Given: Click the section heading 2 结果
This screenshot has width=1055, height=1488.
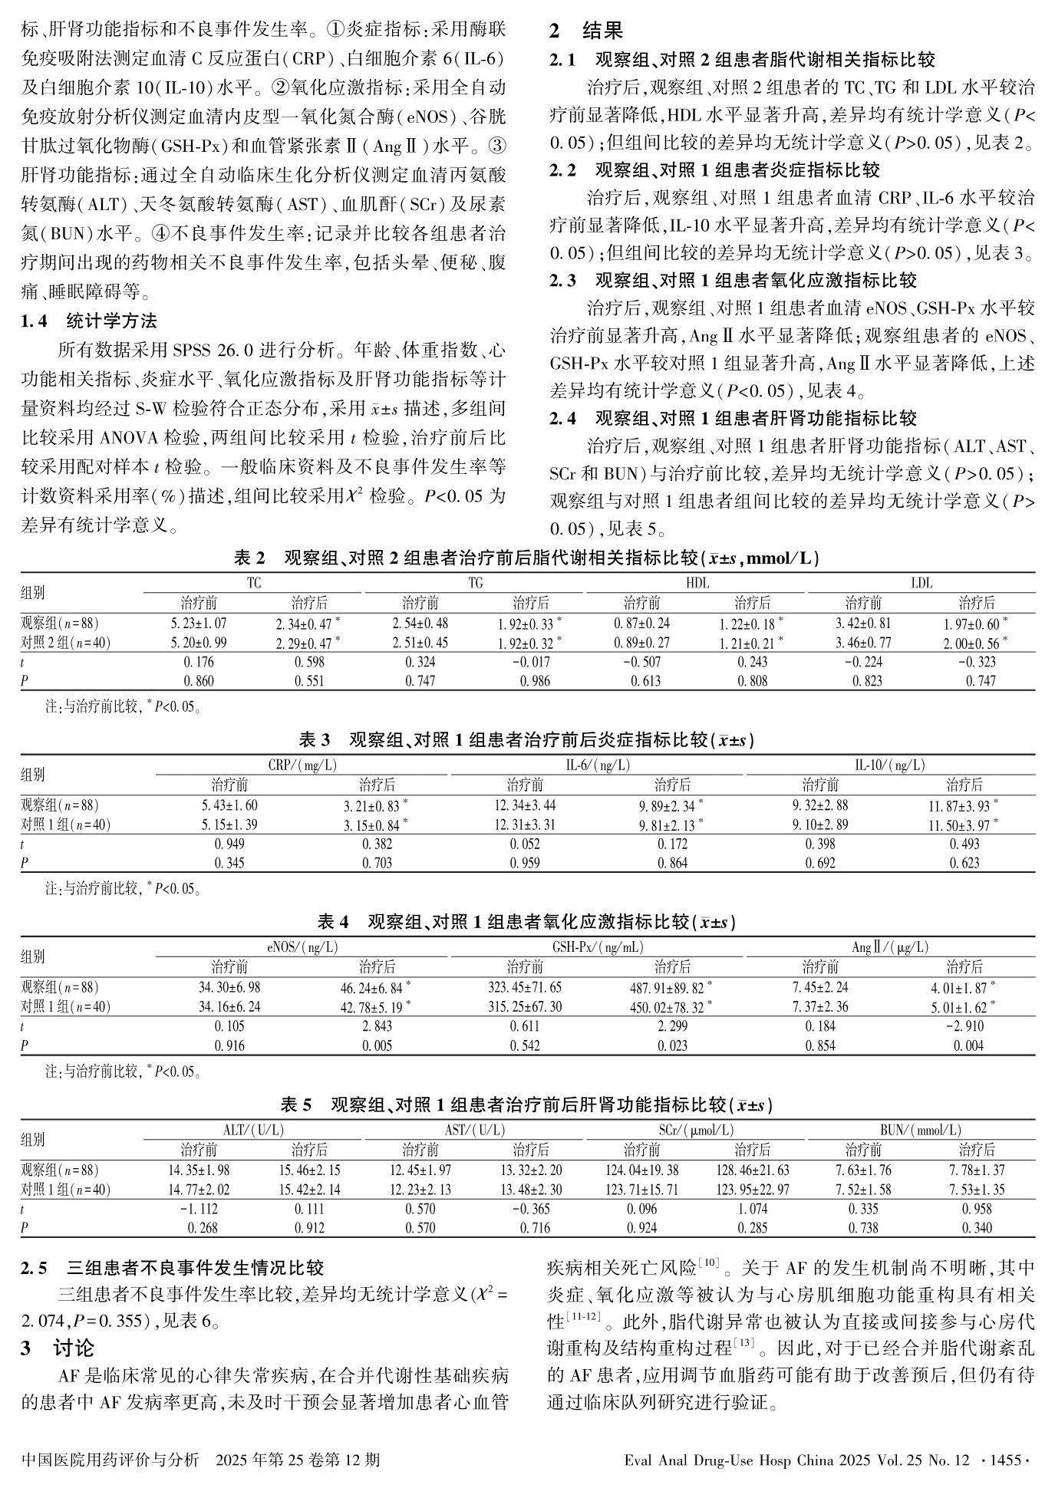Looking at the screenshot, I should point(586,31).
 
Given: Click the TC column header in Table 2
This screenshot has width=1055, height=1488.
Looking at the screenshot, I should point(253,584).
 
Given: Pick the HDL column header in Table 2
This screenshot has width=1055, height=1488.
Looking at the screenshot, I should point(697,584).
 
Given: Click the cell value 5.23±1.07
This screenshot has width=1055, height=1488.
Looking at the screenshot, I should point(198,624).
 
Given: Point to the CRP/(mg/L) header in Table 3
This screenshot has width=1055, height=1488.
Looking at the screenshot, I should point(302,765).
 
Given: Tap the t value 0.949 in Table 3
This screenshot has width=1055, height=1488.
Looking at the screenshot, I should point(229,844).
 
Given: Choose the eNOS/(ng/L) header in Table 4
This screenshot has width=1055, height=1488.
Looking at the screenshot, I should point(302,947).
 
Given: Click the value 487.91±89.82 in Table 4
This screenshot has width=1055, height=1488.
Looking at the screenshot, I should point(667,987).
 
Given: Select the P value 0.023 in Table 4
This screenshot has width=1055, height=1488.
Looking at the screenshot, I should point(672,1045).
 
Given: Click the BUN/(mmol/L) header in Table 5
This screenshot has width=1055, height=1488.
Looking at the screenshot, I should point(921,1131).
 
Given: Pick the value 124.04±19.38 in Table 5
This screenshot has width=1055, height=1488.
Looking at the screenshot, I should point(641,1170).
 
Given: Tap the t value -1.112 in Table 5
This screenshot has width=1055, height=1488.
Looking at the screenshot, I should point(198,1209).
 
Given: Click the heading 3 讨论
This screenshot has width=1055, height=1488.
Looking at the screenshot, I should point(57,1348).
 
